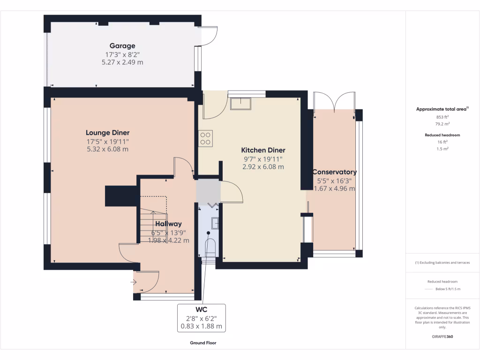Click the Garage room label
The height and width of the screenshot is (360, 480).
click(122, 46)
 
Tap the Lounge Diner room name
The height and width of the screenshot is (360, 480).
click(107, 133)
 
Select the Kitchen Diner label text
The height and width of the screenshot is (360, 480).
click(263, 150)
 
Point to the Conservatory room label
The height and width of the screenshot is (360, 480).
click(334, 172)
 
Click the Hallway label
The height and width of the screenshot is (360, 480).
click(168, 224)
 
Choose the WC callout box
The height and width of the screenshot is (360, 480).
click(201, 318)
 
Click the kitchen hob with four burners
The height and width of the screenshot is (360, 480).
click(205, 138)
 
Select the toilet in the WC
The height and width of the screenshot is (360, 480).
click(210, 247)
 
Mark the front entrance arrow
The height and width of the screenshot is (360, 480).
click(134, 282)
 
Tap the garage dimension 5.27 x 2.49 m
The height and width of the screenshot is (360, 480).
click(122, 61)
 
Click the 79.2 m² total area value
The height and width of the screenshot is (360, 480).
click(443, 125)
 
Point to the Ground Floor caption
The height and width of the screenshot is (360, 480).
click(203, 343)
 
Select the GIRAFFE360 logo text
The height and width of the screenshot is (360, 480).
click(443, 336)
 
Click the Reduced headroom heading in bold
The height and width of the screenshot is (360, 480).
click(443, 135)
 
